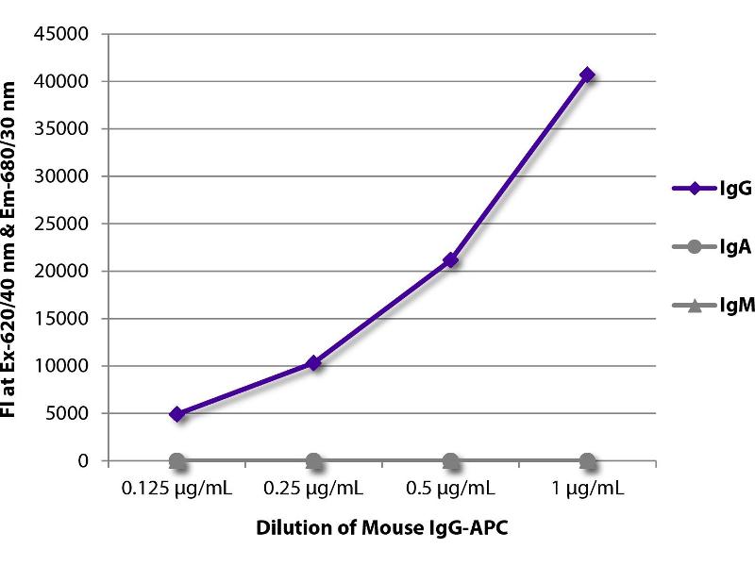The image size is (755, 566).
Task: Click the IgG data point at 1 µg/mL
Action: [587, 75]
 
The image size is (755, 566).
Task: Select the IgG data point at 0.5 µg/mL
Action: [450, 259]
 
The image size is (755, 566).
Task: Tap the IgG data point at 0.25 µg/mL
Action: [314, 362]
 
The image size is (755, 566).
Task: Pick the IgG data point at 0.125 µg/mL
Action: [176, 413]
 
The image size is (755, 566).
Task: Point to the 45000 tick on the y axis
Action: [65, 35]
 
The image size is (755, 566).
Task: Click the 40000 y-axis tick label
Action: [65, 82]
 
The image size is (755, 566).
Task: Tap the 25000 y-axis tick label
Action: [65, 225]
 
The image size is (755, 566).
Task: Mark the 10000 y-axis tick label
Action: [65, 366]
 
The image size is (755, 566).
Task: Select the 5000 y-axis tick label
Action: [69, 413]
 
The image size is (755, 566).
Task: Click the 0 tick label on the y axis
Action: [83, 461]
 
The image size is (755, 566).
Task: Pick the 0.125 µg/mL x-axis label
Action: [176, 491]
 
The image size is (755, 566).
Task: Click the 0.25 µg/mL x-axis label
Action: [314, 491]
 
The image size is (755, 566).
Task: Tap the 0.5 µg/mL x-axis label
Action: [450, 491]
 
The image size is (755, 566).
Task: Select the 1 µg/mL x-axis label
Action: [587, 491]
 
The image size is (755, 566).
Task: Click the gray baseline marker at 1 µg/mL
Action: [587, 461]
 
